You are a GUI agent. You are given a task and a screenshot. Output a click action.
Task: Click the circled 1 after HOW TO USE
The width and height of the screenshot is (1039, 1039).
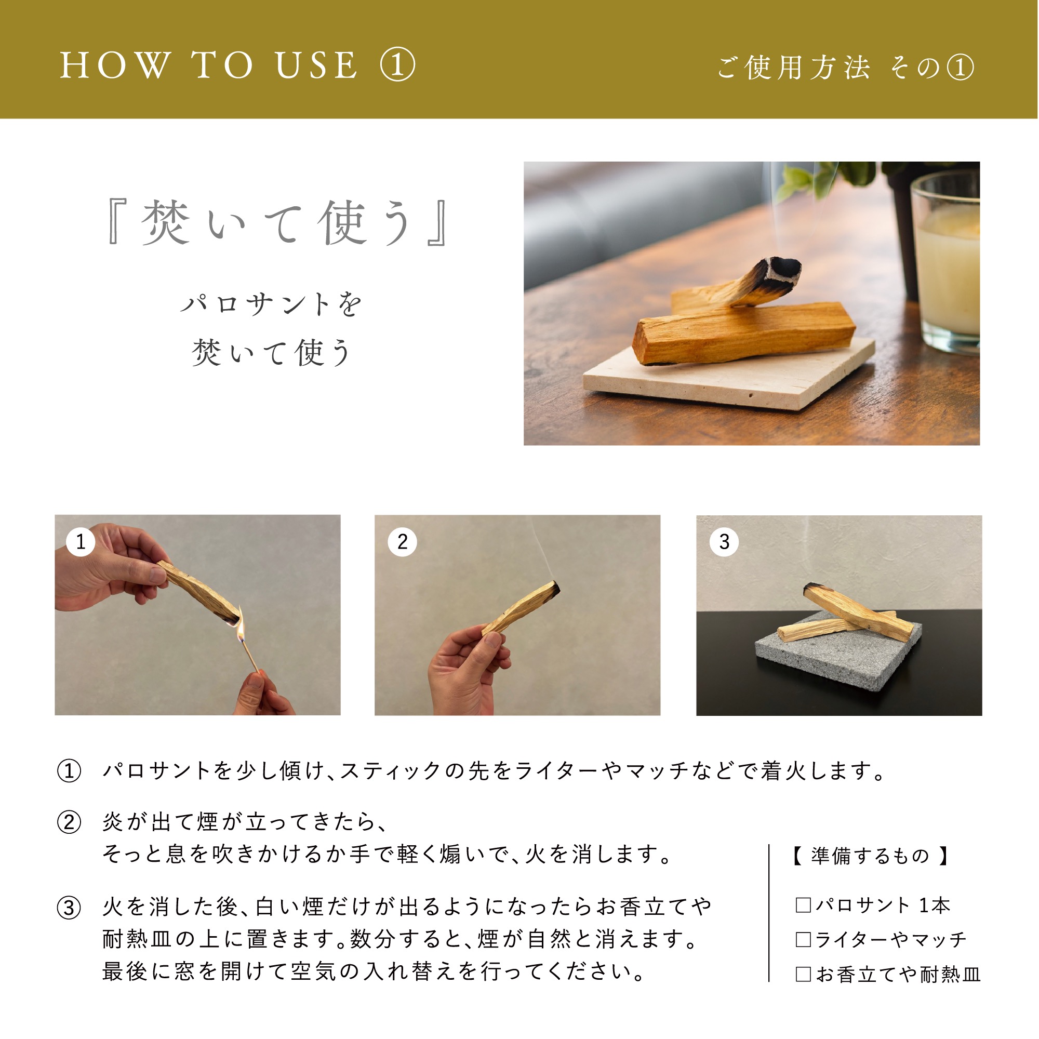point(397,65)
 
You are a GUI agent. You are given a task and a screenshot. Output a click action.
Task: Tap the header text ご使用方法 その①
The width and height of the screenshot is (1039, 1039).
point(845,68)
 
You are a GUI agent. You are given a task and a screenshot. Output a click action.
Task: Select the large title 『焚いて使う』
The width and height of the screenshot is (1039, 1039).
point(276,223)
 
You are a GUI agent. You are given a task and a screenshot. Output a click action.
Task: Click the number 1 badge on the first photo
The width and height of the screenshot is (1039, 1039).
point(81,541)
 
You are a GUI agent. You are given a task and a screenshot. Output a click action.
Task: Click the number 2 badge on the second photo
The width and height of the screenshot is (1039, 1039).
point(402,541)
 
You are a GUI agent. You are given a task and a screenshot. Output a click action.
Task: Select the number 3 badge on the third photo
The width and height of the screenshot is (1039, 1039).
point(724,541)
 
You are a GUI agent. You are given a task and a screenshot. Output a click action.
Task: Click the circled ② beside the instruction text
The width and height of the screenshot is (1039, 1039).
point(69,823)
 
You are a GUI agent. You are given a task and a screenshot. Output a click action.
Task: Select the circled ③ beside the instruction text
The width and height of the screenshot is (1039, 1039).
point(69,908)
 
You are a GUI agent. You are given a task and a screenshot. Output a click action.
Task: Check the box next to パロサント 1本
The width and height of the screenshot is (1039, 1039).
point(803,905)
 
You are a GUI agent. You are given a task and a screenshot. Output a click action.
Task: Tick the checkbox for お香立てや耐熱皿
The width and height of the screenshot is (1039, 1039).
point(803,974)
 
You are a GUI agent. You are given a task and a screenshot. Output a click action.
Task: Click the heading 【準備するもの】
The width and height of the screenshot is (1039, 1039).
point(870,856)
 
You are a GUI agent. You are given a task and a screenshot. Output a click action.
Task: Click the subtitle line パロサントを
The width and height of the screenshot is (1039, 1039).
point(272,305)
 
